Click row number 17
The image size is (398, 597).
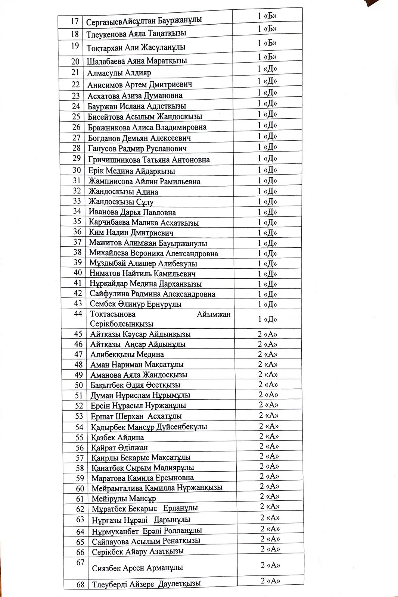point(74,21)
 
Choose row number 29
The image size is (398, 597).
point(77,158)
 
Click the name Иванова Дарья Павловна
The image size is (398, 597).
point(132,212)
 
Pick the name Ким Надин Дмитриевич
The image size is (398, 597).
point(131,232)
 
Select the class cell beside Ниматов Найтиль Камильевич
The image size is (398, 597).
point(267,274)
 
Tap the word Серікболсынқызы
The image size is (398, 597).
point(122,324)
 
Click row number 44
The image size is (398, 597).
point(78,314)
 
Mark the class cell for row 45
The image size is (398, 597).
point(268,334)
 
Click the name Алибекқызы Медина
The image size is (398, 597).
point(127,354)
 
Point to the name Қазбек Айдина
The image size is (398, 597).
point(118,437)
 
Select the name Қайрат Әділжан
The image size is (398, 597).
point(119,447)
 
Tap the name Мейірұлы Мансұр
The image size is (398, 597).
point(124,498)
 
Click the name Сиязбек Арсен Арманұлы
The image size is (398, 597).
point(137,568)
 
